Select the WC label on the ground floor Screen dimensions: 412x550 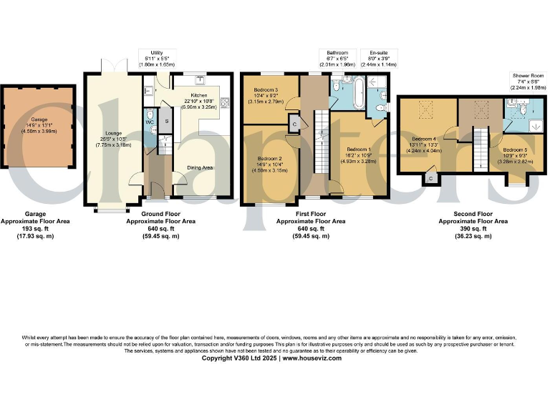(x=150, y=122)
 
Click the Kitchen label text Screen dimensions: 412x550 (x=199, y=94)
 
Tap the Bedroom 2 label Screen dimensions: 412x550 (x=270, y=158)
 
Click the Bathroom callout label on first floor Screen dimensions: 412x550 (x=337, y=53)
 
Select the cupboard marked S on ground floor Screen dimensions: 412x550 (x=166, y=121)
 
